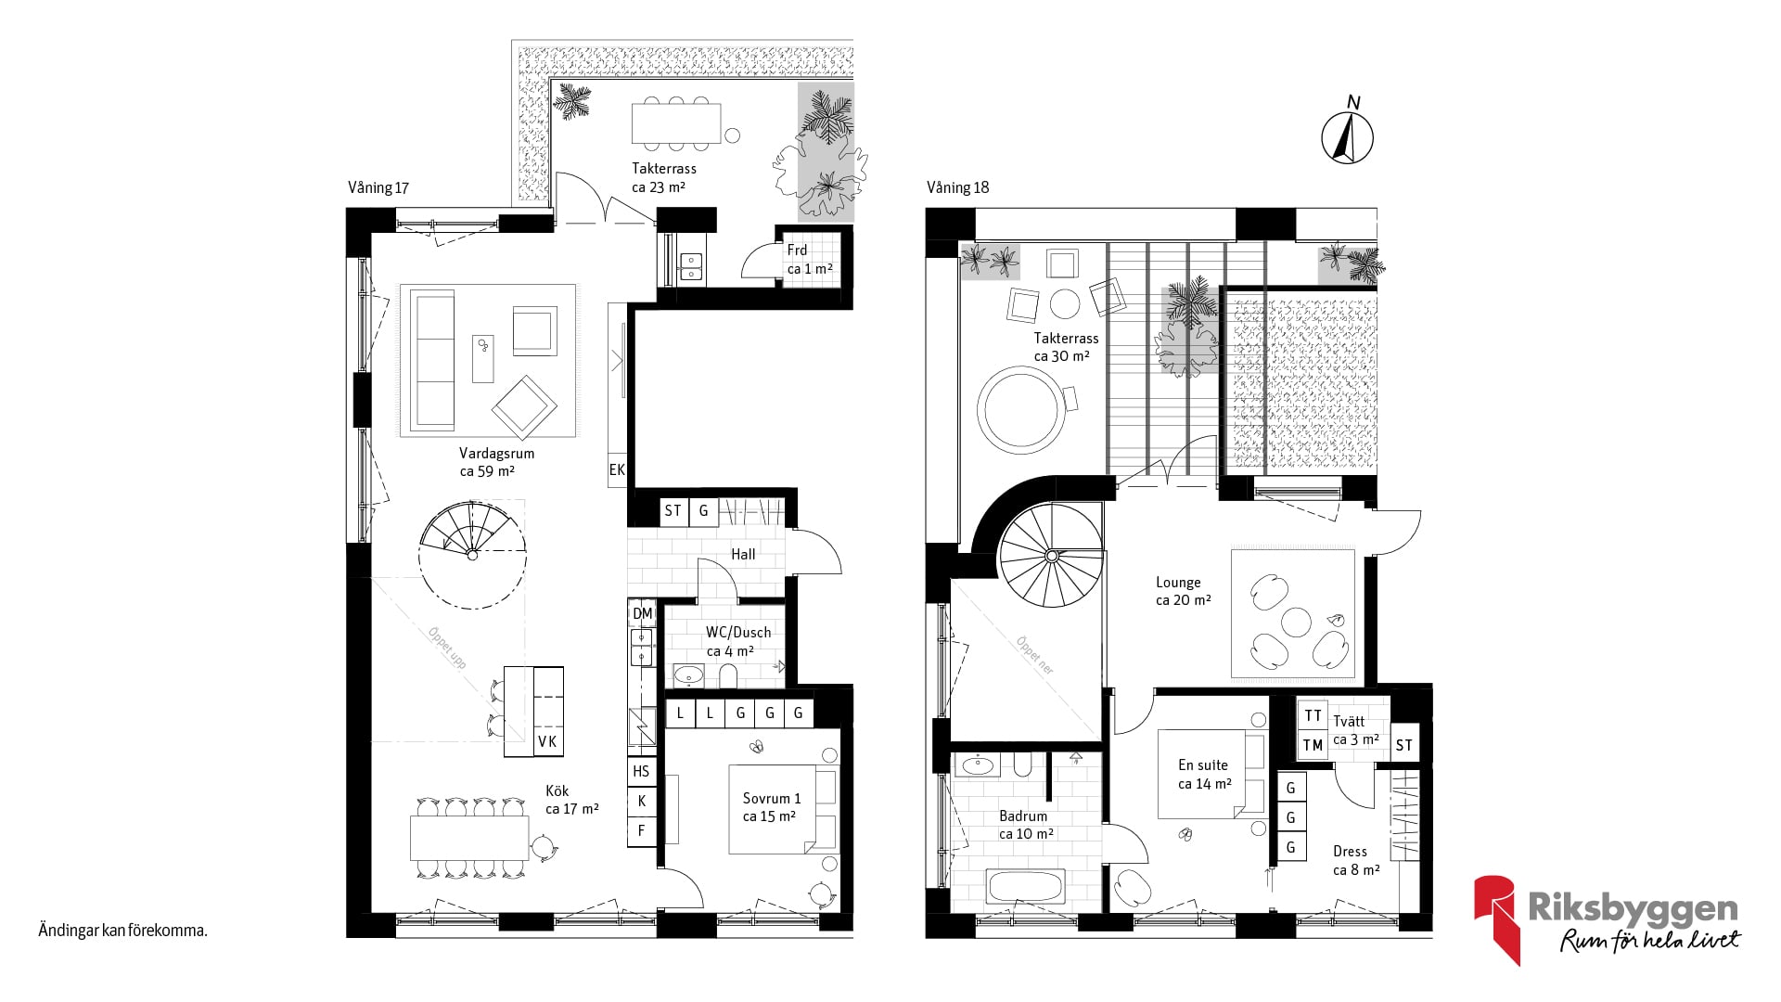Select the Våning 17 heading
378,187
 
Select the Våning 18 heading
957,187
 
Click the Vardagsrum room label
496,454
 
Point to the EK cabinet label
617,470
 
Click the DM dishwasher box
643,613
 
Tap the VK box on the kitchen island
547,741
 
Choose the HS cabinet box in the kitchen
641,771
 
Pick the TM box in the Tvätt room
1313,745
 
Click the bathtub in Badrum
1025,887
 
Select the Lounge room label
1178,583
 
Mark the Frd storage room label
797,250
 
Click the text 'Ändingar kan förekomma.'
122,930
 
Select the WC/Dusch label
738,633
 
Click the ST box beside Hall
673,511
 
